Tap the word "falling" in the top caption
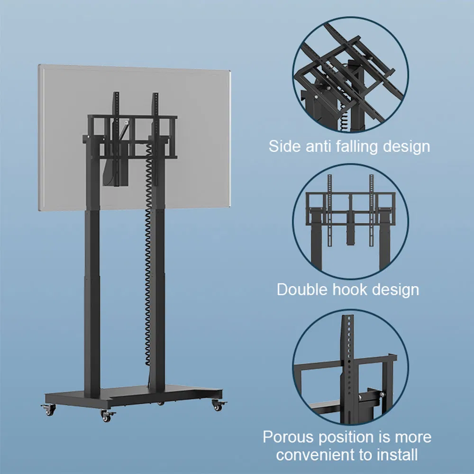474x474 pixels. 357,146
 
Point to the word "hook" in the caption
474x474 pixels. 350,289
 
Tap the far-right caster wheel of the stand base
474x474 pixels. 218,405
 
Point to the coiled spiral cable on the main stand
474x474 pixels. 148,254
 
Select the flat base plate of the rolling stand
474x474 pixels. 133,394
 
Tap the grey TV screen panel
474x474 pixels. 134,137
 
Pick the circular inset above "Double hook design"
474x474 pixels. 350,221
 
